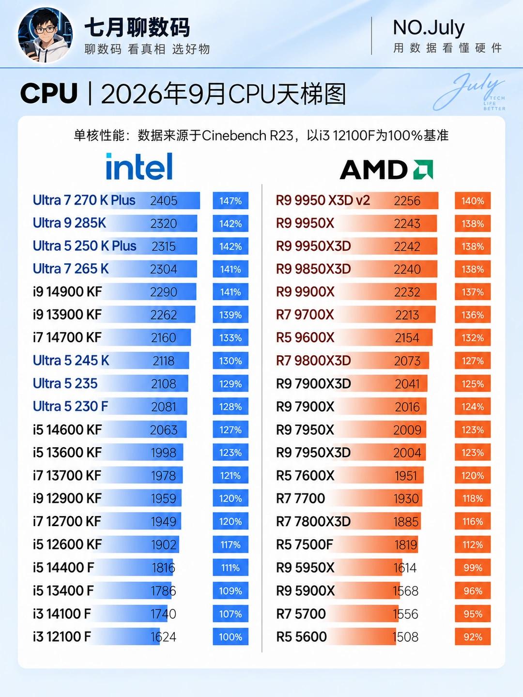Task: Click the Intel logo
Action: point(139,167)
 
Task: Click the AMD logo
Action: point(386,169)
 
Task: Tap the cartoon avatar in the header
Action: point(45,35)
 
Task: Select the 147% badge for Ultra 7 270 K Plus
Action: point(231,201)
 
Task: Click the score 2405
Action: point(164,201)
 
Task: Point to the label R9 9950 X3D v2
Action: point(323,200)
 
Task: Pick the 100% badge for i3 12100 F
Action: point(231,637)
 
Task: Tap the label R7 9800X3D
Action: point(313,361)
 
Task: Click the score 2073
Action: point(407,361)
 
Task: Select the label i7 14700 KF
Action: point(67,337)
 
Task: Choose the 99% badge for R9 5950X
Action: point(473,568)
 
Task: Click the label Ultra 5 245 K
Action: point(71,361)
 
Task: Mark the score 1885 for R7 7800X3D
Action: point(406,521)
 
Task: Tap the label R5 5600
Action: point(301,637)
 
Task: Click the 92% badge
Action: point(473,637)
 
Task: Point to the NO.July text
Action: point(429,28)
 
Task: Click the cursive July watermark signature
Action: point(469,92)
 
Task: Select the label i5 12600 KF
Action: point(67,545)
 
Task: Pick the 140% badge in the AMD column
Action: point(473,201)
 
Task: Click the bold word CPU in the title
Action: point(48,93)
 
